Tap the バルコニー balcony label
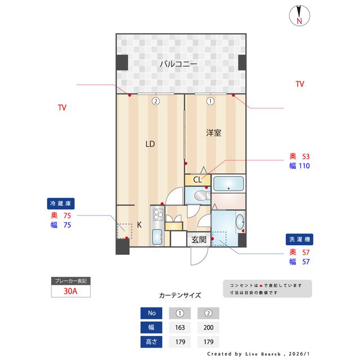click(178, 64)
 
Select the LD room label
click(150, 144)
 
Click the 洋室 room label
click(213, 133)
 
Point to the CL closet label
click(197, 180)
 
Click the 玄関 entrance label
click(199, 239)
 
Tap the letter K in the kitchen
click(139, 224)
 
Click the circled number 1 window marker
click(210, 102)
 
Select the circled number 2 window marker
click(155, 102)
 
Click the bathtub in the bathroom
click(228, 183)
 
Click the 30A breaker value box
click(70, 291)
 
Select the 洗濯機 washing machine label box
click(298, 239)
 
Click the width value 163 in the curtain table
click(180, 327)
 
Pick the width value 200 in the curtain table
click(208, 327)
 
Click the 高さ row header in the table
click(151, 341)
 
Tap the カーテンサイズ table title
click(180, 294)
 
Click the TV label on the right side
click(300, 84)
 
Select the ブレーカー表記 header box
click(70, 280)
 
